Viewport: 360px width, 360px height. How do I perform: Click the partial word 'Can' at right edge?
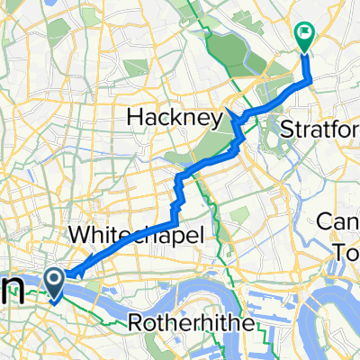[343, 221]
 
